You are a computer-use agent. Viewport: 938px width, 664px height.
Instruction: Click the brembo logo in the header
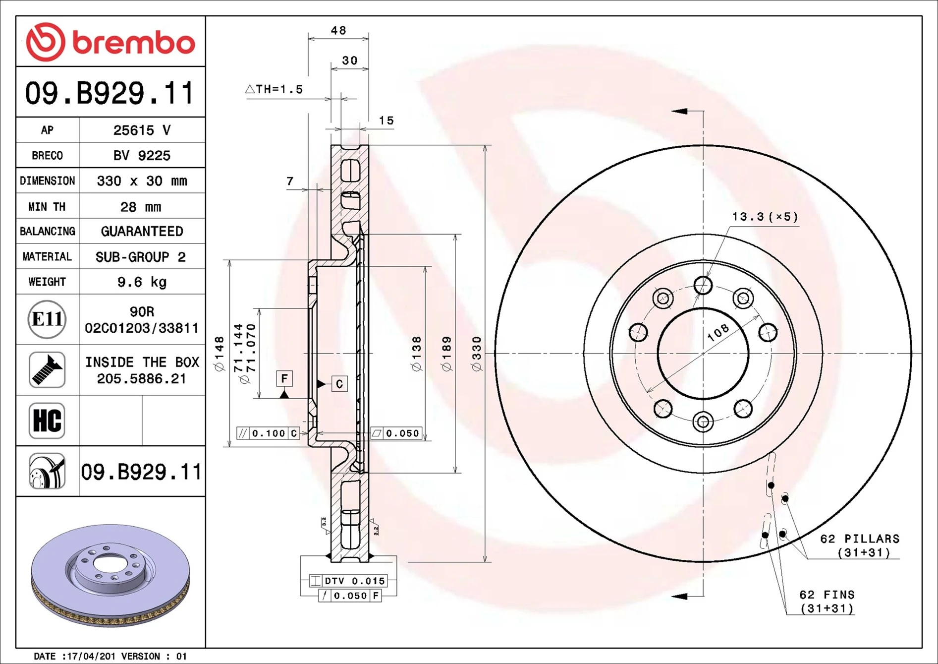[x=110, y=42]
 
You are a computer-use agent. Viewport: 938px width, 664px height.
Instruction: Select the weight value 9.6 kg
[x=142, y=282]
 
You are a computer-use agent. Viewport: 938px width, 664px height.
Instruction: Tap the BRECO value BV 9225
[x=142, y=156]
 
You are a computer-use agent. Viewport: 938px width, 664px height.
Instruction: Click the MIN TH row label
[x=47, y=207]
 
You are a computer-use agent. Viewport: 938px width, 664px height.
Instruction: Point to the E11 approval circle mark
[x=47, y=319]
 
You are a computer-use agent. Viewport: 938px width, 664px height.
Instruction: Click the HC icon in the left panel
[x=47, y=421]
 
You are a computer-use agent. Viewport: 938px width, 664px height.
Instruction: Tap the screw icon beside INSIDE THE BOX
[x=47, y=370]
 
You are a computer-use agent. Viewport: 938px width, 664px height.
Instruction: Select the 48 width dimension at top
[x=338, y=31]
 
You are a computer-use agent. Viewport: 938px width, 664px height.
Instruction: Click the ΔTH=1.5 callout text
[x=274, y=90]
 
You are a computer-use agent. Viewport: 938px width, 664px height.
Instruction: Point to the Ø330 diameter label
[x=477, y=354]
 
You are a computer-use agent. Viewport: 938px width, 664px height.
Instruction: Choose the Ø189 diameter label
[x=446, y=354]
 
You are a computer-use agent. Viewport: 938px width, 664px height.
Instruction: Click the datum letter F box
[x=284, y=379]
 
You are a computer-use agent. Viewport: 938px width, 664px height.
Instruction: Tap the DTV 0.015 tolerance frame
[x=348, y=581]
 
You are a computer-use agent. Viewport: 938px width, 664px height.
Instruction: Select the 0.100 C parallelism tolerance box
[x=268, y=433]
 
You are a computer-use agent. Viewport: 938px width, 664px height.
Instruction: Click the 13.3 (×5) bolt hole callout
[x=765, y=217]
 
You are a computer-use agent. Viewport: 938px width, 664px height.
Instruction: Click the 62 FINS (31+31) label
[x=827, y=602]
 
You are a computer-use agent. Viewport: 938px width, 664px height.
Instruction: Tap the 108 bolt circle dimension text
[x=718, y=332]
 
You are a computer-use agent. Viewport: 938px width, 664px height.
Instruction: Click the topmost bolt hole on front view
[x=703, y=286]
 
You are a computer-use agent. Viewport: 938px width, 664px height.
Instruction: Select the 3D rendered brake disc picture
[x=110, y=575]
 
